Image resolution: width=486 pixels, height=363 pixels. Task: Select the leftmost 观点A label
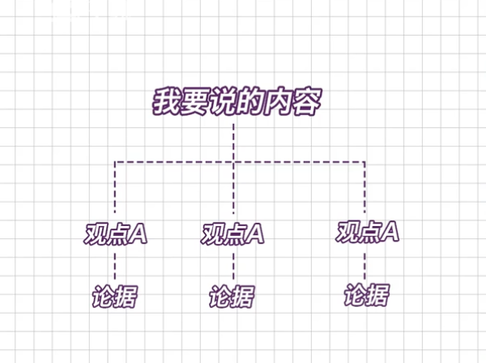115,233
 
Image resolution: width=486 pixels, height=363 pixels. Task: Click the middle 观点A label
233,233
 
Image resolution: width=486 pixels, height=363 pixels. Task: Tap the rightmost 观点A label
367,232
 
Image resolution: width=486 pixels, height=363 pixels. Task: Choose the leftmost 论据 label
114,297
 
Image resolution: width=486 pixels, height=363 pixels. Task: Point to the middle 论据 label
232,297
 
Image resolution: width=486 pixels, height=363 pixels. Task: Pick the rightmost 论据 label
365,296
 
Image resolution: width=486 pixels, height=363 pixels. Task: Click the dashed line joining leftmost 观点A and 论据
115,266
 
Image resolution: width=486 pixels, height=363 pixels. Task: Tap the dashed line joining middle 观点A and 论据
233,266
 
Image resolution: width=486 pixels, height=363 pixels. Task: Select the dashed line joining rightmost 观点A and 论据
364,264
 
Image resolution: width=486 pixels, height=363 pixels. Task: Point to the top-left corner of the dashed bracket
115,162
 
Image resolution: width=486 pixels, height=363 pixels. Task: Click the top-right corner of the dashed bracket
364,162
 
